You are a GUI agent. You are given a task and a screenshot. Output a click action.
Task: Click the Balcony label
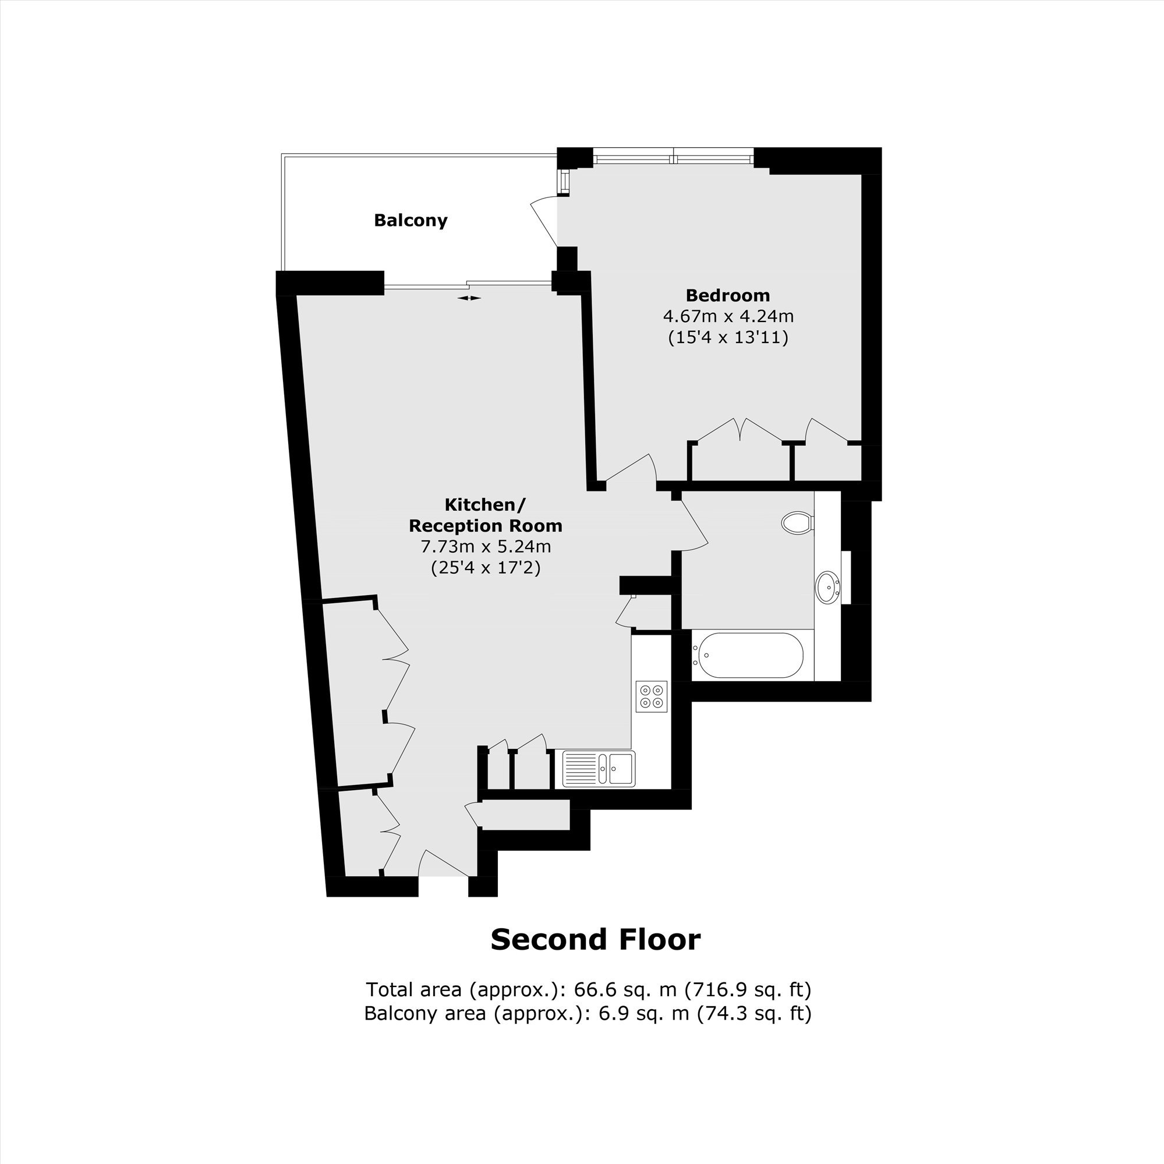[411, 220]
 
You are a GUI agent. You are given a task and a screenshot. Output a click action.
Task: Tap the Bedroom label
[728, 295]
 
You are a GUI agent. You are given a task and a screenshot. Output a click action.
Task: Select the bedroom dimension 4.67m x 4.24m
[728, 316]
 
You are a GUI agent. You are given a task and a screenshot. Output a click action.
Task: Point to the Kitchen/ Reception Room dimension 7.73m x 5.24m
[486, 546]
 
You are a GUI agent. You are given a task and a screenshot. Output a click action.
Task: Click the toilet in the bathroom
[797, 522]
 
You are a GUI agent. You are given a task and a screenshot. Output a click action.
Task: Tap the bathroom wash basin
[828, 586]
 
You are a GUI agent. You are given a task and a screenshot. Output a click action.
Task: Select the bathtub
[748, 655]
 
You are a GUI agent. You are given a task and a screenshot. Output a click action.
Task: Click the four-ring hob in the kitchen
[651, 696]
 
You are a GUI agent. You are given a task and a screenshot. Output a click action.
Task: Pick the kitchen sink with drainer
[598, 769]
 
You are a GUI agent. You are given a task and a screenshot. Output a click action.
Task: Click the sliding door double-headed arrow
[469, 298]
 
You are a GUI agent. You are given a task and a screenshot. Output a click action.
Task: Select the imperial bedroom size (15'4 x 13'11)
[728, 337]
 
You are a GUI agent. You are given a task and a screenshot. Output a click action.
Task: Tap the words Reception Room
[486, 525]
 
